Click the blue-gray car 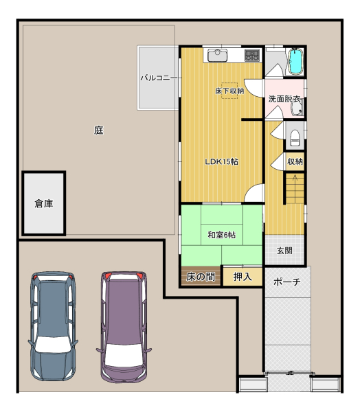pyautogui.click(x=53, y=326)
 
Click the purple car pyautogui.click(x=124, y=327)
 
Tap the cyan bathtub pyautogui.click(x=296, y=62)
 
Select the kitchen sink pyautogui.click(x=218, y=55)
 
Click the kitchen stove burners pyautogui.click(x=252, y=56)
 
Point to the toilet pyautogui.click(x=295, y=138)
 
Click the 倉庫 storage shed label pyautogui.click(x=44, y=203)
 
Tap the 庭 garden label pyautogui.click(x=99, y=130)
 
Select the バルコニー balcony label pyautogui.click(x=159, y=78)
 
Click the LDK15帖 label pyautogui.click(x=222, y=161)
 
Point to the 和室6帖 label pyautogui.click(x=222, y=235)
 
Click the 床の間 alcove pyautogui.click(x=201, y=276)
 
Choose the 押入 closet pyautogui.click(x=243, y=277)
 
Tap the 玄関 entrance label pyautogui.click(x=284, y=251)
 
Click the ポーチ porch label pyautogui.click(x=287, y=282)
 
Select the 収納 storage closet pyautogui.click(x=295, y=161)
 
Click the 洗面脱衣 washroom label pyautogui.click(x=284, y=99)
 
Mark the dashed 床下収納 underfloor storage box pyautogui.click(x=229, y=91)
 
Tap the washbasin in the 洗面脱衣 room pyautogui.click(x=297, y=108)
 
